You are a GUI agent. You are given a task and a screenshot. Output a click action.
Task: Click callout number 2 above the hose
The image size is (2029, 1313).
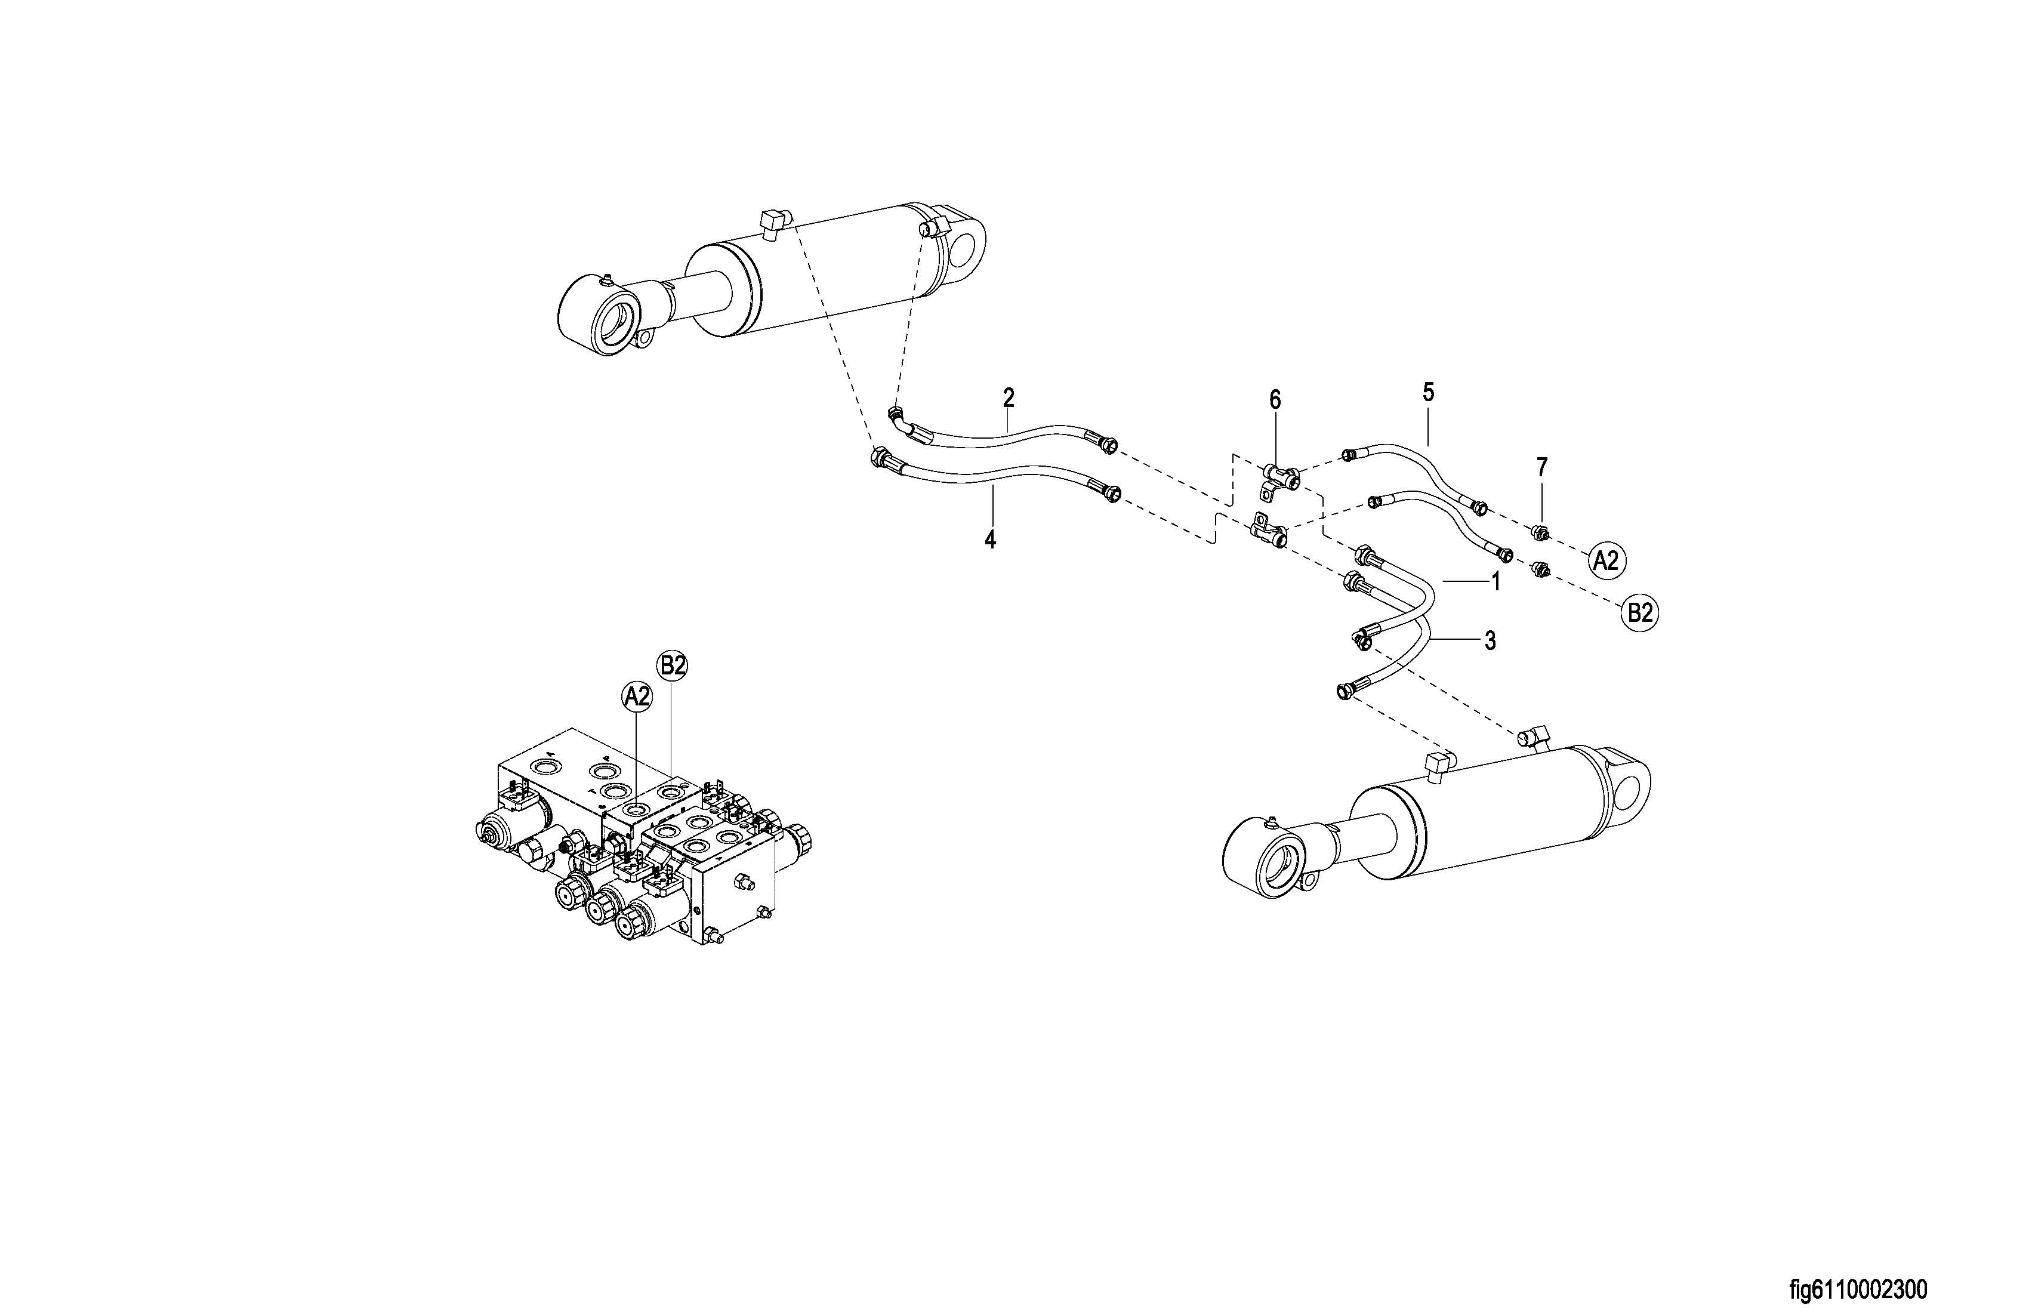1009,397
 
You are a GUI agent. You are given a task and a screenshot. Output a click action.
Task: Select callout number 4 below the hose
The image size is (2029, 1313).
991,539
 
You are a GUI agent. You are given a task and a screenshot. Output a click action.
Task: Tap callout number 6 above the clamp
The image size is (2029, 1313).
1275,400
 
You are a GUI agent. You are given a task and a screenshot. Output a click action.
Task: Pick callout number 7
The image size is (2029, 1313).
1541,467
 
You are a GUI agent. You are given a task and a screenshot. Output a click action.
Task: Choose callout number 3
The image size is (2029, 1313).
1490,641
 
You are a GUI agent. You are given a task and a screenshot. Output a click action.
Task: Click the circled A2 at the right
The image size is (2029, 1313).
1606,560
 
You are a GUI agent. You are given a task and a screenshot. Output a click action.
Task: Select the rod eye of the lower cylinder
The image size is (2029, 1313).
1263,861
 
